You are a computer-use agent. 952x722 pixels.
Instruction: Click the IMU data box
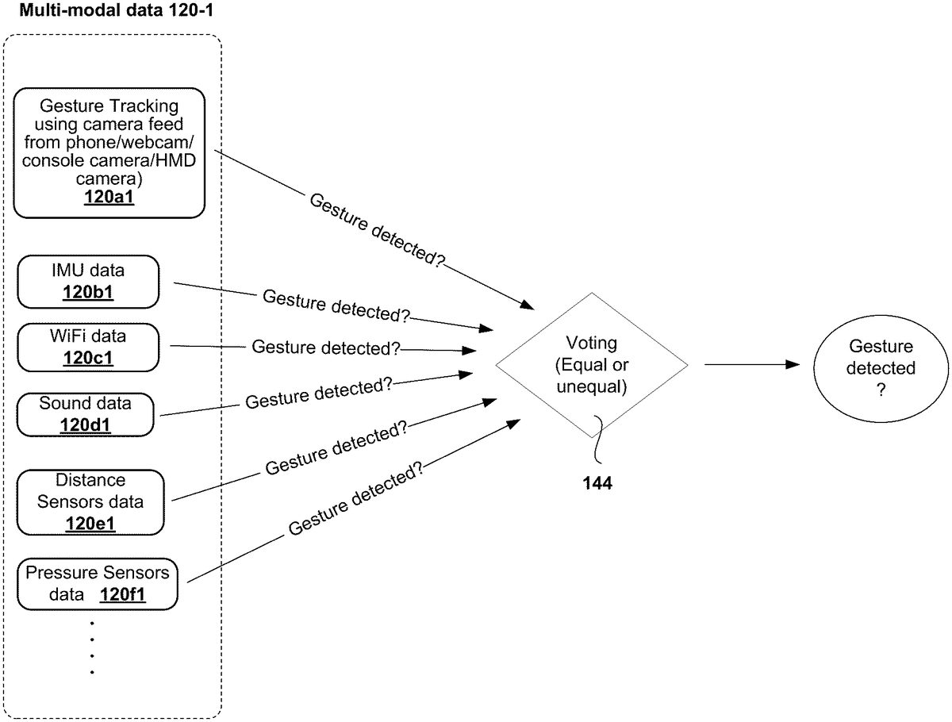(88, 282)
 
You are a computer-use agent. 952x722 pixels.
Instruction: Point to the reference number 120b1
(88, 292)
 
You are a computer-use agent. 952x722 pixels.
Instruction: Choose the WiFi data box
(88, 347)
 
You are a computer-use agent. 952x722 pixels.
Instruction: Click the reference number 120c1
(88, 357)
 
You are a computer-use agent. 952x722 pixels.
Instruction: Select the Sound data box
(86, 413)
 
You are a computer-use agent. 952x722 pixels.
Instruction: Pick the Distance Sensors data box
(90, 501)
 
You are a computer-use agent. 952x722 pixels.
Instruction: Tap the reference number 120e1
(90, 522)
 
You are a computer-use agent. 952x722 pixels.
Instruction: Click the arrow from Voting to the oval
(750, 364)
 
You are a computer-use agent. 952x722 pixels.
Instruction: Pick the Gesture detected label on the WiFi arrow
(325, 348)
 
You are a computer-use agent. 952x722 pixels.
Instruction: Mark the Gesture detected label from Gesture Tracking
(377, 229)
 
